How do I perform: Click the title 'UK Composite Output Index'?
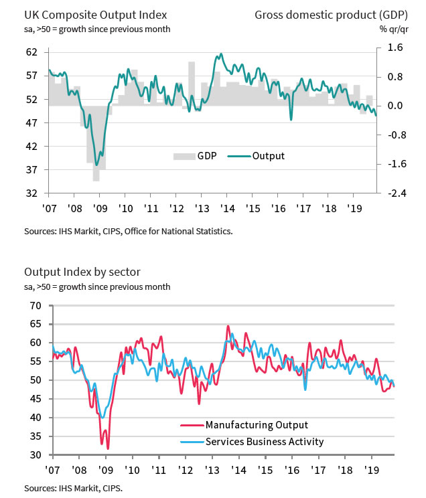[x=96, y=13]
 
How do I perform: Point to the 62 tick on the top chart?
[x=31, y=52]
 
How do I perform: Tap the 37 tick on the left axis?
[x=31, y=170]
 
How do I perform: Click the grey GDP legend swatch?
[x=182, y=157]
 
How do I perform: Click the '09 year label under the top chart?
[x=99, y=208]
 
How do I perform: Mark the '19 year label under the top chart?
[x=354, y=208]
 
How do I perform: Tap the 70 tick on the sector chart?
[x=35, y=306]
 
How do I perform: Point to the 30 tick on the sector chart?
[x=35, y=455]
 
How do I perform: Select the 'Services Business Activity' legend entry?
[x=265, y=442]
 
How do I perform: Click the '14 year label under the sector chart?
[x=237, y=470]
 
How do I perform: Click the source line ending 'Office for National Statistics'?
[x=129, y=232]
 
